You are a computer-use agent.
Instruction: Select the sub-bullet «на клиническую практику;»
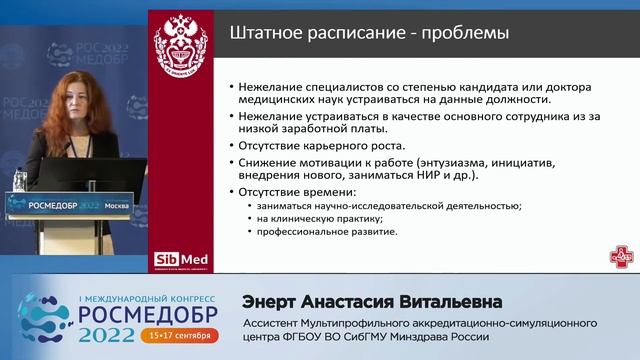tap(320, 218)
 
